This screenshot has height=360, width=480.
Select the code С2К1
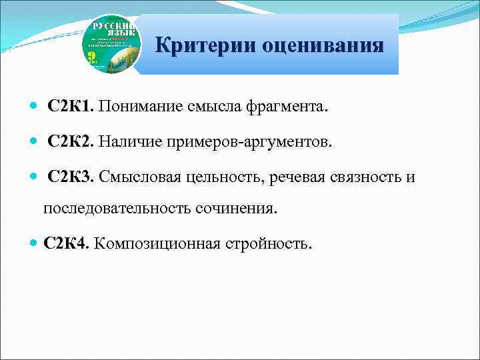71,107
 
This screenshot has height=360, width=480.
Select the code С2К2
71,142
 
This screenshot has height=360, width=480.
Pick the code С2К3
71,177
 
